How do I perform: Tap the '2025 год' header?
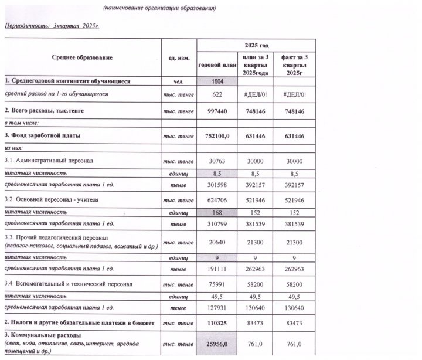[256, 46]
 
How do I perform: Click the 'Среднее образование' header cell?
[82, 57]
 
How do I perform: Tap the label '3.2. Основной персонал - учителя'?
[52, 200]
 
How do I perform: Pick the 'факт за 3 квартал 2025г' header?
[294, 64]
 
